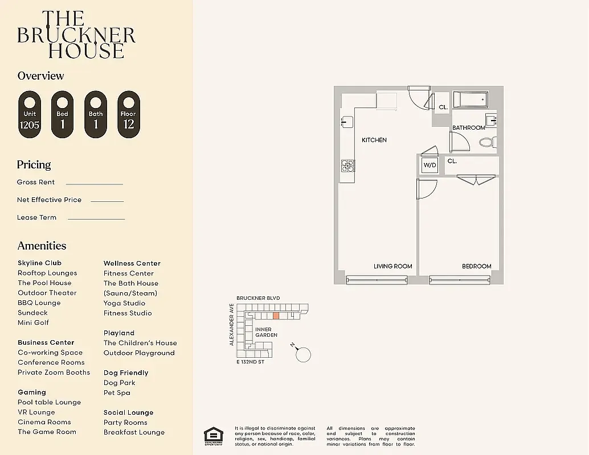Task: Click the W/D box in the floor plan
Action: click(429, 166)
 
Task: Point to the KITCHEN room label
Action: click(374, 140)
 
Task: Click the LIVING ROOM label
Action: click(392, 266)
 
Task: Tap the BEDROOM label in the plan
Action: click(476, 266)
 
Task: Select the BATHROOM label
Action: click(468, 128)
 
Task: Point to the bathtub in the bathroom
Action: click(471, 100)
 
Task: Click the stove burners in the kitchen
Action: click(347, 166)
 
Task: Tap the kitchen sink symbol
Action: click(345, 122)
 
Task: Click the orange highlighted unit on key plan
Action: click(276, 315)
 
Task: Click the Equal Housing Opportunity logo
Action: click(214, 435)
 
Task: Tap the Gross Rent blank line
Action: click(94, 184)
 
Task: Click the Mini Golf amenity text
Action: click(33, 322)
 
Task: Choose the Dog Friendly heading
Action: click(126, 373)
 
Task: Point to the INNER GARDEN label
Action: click(266, 332)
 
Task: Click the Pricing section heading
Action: click(34, 165)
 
